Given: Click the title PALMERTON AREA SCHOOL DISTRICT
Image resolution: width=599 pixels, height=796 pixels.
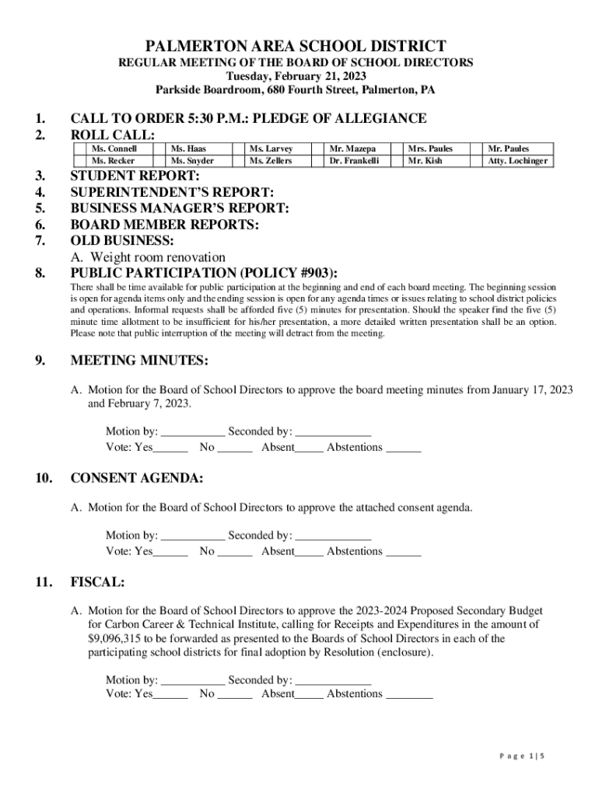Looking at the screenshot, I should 299,47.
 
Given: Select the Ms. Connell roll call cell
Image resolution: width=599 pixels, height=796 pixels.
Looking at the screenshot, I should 114,148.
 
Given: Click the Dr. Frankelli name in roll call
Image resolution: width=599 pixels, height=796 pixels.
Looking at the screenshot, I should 354,161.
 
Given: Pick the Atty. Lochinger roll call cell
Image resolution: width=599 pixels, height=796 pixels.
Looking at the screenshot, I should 517,161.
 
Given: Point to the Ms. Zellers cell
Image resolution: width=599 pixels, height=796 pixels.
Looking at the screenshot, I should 271,161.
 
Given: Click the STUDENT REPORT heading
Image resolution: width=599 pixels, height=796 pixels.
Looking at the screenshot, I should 135,176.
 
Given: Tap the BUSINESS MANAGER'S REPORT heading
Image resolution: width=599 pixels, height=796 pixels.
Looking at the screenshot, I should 180,208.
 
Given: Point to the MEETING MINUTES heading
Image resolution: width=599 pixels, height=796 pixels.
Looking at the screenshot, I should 139,361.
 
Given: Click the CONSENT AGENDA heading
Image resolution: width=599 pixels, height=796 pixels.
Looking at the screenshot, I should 137,478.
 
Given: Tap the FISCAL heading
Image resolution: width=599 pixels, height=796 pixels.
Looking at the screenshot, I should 98,581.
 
